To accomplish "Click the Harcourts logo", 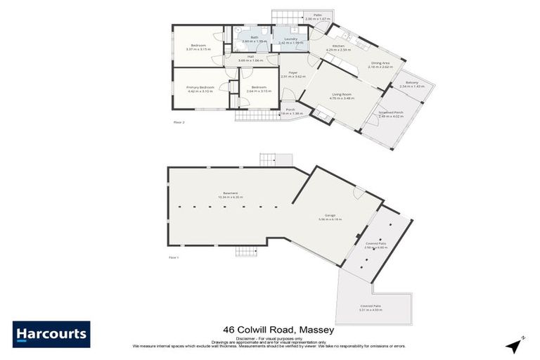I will tap(51, 334).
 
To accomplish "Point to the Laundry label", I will tap(290, 39).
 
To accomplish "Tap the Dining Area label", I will tap(382, 63).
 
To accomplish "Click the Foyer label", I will tap(293, 72).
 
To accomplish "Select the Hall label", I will tap(250, 58).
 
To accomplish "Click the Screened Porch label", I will tap(391, 112).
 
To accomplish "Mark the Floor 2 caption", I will tap(179, 122).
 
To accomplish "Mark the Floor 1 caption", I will tap(174, 258).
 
